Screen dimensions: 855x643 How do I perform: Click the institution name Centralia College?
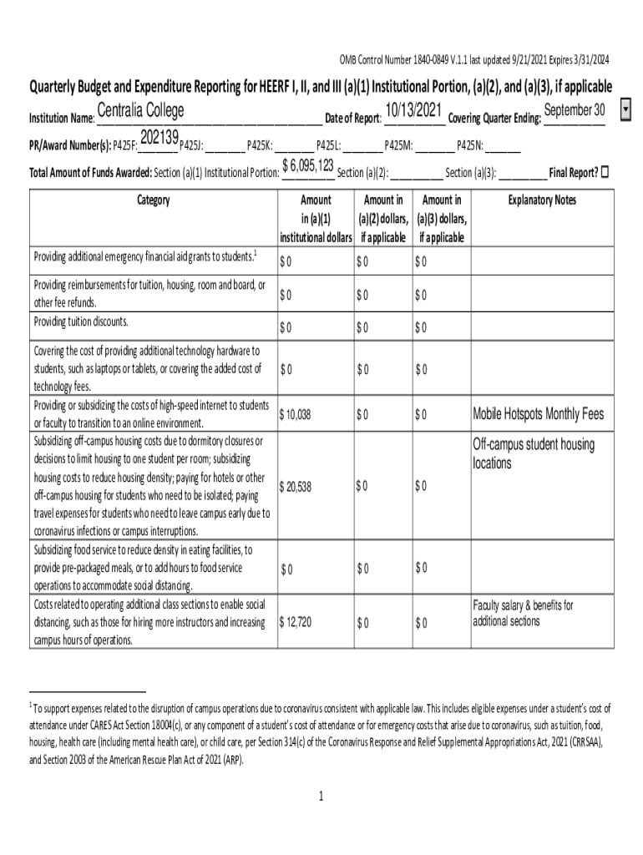click(x=140, y=112)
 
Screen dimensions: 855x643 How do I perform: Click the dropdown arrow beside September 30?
click(x=626, y=111)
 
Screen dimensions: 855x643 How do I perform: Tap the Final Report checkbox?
click(x=605, y=172)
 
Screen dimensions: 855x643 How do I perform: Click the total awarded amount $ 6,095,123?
click(x=308, y=166)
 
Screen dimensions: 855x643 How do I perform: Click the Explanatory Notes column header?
click(x=542, y=200)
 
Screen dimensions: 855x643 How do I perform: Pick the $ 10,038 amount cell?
click(x=296, y=414)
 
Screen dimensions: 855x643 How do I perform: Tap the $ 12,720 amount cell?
click(x=296, y=622)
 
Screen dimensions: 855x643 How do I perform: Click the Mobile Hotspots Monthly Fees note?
click(x=538, y=414)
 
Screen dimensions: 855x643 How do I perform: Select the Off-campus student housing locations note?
click(x=534, y=453)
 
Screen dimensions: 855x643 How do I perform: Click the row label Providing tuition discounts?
click(x=81, y=321)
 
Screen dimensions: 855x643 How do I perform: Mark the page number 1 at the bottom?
click(x=321, y=796)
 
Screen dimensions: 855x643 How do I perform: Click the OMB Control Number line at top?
click(x=473, y=59)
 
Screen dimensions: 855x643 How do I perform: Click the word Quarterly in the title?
click(x=60, y=86)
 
